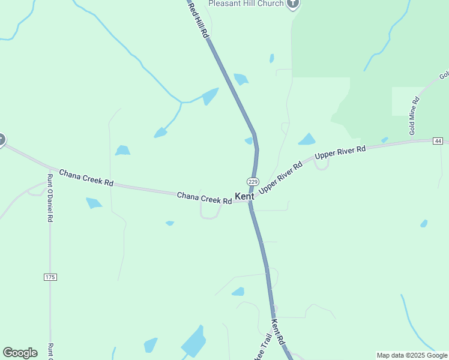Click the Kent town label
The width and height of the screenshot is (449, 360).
click(x=244, y=196)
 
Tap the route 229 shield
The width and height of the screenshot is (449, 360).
click(x=252, y=182)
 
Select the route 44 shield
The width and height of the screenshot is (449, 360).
click(x=438, y=140)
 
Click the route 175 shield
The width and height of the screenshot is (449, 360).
click(x=50, y=277)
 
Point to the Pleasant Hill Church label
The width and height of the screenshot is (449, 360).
click(x=246, y=4)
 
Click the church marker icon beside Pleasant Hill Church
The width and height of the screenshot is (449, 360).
click(x=293, y=4)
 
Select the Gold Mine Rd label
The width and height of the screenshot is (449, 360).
click(x=414, y=115)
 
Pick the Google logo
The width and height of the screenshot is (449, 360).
click(x=20, y=353)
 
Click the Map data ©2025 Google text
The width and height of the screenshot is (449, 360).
click(x=412, y=355)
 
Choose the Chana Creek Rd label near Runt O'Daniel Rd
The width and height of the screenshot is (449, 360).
click(x=86, y=178)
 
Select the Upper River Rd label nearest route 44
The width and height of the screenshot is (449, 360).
click(x=340, y=152)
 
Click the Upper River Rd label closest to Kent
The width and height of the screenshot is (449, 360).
click(x=280, y=178)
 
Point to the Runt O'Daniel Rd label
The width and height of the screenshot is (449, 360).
click(x=50, y=198)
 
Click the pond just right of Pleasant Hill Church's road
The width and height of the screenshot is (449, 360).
click(x=272, y=58)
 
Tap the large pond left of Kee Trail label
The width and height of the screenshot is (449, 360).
click(x=193, y=341)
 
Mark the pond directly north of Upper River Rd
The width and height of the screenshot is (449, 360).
click(x=307, y=140)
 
